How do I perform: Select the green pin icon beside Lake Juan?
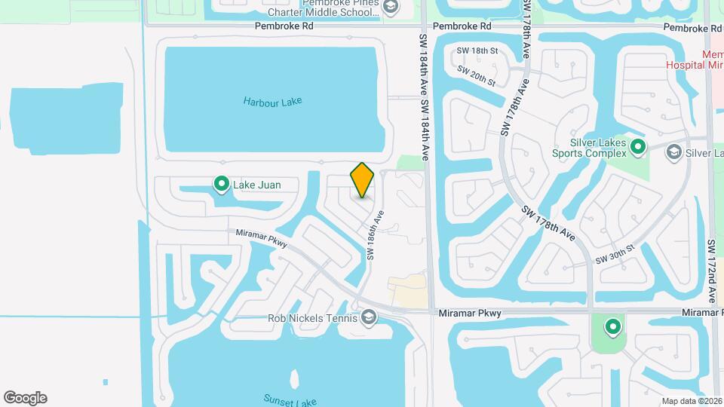point(222,183)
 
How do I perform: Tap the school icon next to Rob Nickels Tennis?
point(369,317)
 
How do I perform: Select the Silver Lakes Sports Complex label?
point(598,148)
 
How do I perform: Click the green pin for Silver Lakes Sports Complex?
point(638,147)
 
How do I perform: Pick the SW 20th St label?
point(476,75)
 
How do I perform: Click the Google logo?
point(25,398)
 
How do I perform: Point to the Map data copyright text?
point(692,401)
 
